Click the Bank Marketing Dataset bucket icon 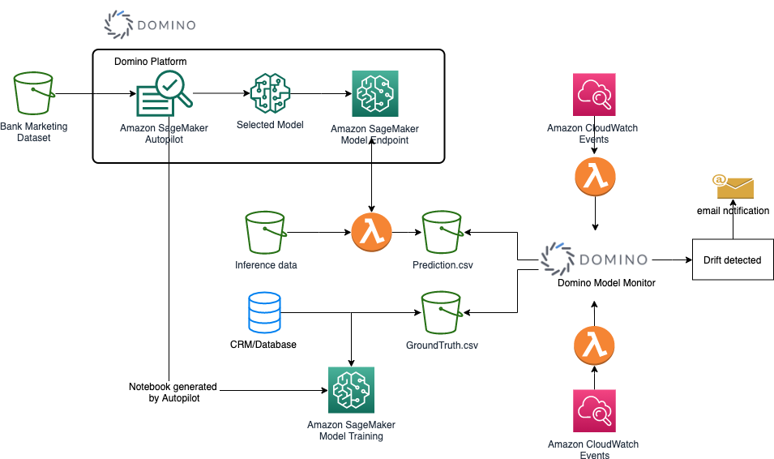click(x=33, y=94)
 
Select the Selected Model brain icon click(x=270, y=93)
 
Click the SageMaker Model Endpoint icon click(x=375, y=94)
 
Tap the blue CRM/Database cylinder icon click(x=263, y=313)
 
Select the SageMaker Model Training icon click(x=351, y=390)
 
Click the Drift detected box click(x=733, y=260)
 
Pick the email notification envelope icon click(x=733, y=187)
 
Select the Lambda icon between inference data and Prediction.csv click(x=372, y=233)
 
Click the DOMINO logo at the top click(x=152, y=24)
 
